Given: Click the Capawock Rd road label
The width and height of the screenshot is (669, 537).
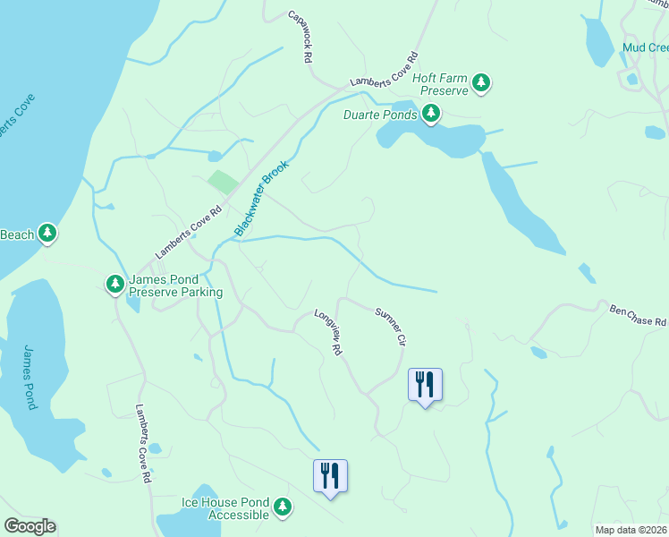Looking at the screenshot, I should coord(299,37).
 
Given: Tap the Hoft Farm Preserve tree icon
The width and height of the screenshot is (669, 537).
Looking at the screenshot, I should coord(482,83).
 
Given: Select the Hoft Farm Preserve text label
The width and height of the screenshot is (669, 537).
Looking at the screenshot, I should coord(440,84).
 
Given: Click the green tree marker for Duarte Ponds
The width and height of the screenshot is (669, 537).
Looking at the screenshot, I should coord(431,114).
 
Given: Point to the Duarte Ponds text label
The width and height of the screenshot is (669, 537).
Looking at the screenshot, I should coord(380,115).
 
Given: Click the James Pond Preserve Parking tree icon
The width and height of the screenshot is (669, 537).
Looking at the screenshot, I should coord(115,284).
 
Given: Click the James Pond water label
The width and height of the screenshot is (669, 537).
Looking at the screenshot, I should coord(30,377).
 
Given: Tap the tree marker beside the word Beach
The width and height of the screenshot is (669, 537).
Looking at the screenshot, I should coord(47,234).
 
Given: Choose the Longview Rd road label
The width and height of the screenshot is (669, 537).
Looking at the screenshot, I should coord(328,333).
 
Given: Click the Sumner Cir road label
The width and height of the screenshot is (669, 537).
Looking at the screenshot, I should coord(391,327).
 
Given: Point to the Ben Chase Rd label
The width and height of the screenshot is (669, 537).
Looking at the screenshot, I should coord(638,316).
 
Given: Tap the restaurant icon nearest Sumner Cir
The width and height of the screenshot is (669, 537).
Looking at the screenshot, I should coord(426,385).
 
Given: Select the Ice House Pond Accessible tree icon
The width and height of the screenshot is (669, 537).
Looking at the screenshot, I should coord(283,507).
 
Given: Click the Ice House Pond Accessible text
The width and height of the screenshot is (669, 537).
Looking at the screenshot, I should coord(225,508).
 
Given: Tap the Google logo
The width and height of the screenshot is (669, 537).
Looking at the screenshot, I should coord(30,526).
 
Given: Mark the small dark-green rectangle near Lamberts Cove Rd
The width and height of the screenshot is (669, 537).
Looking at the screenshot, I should coord(224,182).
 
